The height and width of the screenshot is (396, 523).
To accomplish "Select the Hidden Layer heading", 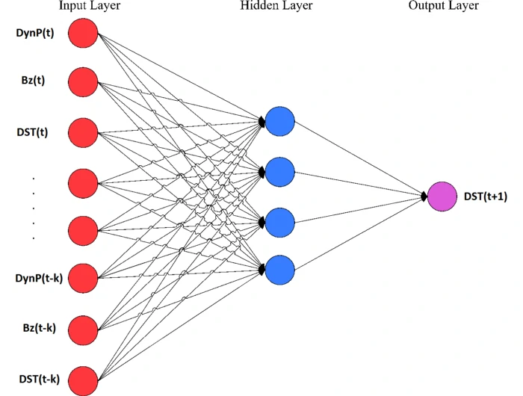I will pos(276,6).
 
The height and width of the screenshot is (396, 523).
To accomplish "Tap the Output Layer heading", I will pos(444,6).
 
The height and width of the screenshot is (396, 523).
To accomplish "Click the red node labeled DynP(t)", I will pos(83,33).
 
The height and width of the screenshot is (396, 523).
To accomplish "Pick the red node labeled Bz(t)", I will pos(83,81).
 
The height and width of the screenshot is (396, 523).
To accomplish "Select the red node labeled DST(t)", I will pos(83,132).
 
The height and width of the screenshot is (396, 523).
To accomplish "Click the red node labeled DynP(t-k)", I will pos(83,279).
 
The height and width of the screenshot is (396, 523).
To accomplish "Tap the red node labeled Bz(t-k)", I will pos(83,329).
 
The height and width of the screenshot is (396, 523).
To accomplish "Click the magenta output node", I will pos(442,197).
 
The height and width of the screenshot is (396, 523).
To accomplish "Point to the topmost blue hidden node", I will pos(280,121).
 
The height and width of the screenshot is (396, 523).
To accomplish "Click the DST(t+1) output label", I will pos(486,197).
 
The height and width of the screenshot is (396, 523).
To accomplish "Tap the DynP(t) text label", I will pos(34,34).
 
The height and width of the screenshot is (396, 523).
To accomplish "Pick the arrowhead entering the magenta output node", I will pos(424,197).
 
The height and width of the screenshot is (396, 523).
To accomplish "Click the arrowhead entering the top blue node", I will pos(262,121).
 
